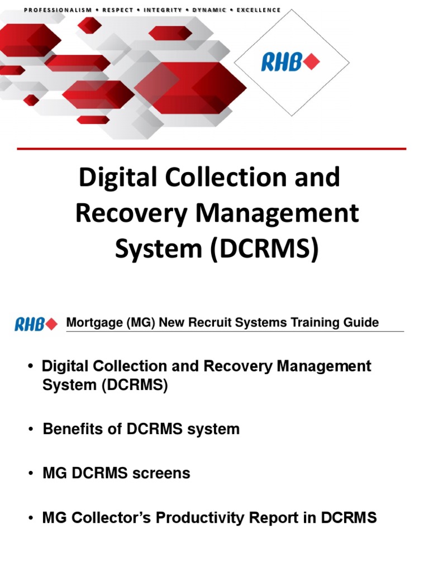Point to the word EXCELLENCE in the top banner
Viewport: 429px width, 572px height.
[259, 10]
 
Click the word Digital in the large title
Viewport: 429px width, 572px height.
[114, 178]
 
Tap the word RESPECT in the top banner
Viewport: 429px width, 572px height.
[117, 10]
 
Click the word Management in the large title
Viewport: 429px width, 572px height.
[283, 214]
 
